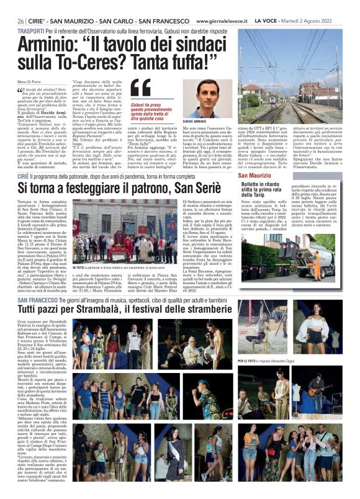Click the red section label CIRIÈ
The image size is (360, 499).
[25, 177]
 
